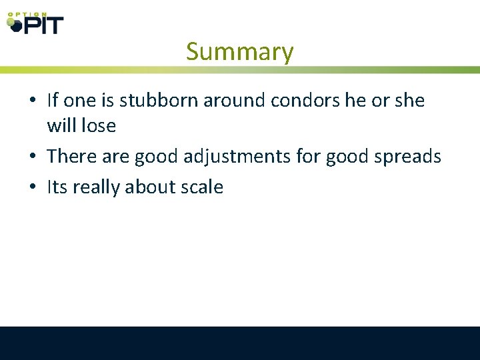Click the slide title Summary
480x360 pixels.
239,51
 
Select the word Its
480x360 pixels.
57,187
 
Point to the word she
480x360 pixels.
409,101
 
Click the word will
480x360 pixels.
60,125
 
